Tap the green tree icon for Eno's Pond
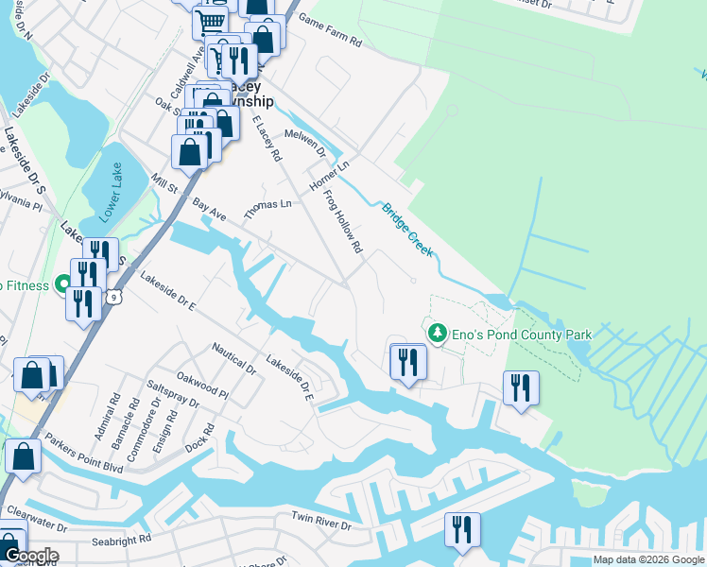(x=437, y=334)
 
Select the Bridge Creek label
(x=407, y=229)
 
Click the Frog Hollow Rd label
(x=343, y=221)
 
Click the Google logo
(x=30, y=555)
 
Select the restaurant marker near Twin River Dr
(x=462, y=531)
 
